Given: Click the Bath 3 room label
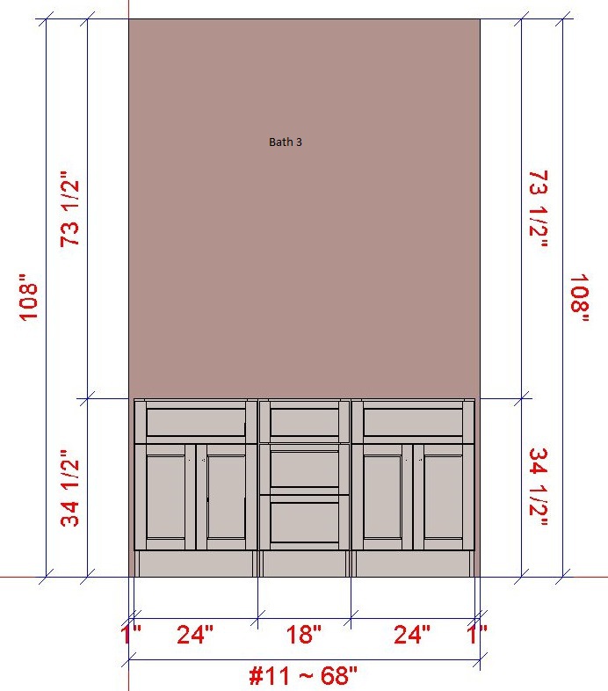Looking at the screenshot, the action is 286,142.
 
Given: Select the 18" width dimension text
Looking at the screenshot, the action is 304,635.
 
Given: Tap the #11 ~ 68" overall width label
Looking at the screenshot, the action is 303,675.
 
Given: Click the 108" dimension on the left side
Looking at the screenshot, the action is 28,298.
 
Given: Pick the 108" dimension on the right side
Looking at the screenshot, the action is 580,299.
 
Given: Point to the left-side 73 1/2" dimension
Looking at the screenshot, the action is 70,209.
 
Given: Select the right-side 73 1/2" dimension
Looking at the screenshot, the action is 539,209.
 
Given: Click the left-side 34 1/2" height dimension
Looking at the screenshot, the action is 70,489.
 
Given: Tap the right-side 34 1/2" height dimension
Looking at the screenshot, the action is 539,487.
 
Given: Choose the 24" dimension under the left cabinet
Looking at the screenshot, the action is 195,635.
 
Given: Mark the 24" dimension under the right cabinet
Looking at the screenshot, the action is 412,635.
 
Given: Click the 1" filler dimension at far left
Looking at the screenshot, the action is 130,635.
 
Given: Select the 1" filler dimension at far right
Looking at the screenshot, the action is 477,635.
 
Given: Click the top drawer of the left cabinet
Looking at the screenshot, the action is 196,422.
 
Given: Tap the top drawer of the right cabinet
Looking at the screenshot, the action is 413,422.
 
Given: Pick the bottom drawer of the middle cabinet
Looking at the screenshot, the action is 305,523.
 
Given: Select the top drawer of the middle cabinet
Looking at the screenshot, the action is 305,422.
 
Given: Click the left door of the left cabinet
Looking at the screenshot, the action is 165,497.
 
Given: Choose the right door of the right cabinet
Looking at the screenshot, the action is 444,497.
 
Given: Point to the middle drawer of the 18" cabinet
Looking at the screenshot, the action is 305,469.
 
